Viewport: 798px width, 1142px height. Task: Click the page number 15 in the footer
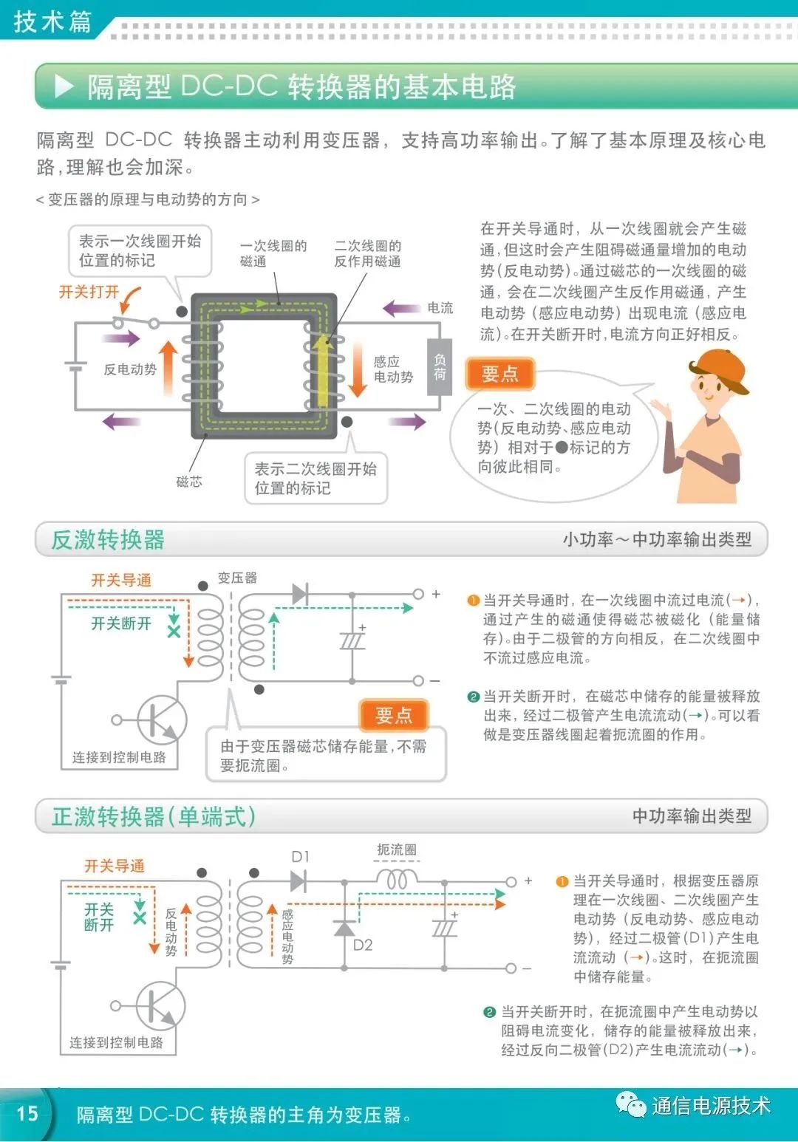click(x=27, y=1113)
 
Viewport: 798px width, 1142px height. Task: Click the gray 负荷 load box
click(x=440, y=367)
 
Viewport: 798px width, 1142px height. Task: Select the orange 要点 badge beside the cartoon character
click(x=499, y=374)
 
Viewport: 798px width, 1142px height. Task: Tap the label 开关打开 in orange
click(x=89, y=292)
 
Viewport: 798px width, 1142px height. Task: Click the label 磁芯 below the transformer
click(x=188, y=482)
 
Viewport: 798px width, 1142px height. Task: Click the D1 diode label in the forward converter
click(x=300, y=857)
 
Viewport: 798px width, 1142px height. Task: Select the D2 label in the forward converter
click(x=363, y=945)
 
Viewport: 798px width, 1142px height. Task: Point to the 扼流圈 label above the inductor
click(x=396, y=849)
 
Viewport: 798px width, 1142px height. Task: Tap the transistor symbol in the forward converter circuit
click(x=160, y=1005)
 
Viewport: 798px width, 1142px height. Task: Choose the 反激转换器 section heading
click(x=108, y=540)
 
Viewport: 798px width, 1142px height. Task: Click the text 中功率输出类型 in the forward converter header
click(x=692, y=816)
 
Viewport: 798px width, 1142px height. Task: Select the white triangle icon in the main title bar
click(x=64, y=87)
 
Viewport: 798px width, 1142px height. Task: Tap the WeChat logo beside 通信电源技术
click(x=630, y=1105)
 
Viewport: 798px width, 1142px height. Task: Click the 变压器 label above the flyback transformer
click(x=237, y=578)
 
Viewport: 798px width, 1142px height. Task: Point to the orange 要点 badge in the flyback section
click(x=393, y=715)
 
